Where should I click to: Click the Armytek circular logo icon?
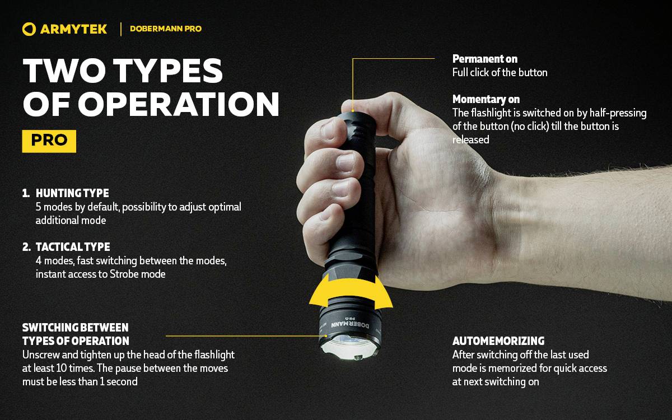(29, 29)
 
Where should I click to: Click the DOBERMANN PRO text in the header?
(165, 29)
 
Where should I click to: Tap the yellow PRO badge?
(49, 141)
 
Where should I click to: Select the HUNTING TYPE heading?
(72, 193)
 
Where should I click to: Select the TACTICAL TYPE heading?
(73, 247)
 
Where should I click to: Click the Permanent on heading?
(484, 59)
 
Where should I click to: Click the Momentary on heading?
(486, 100)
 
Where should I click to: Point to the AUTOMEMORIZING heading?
(498, 341)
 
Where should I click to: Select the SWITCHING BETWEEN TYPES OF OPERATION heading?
(76, 334)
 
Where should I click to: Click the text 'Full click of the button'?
(500, 72)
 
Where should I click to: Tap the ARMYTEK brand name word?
(73, 29)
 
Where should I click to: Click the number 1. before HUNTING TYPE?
(26, 193)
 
